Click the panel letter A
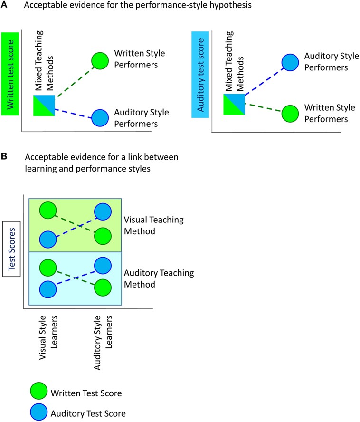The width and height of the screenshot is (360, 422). coord(4,4)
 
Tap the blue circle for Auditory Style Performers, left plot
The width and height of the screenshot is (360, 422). coord(101,117)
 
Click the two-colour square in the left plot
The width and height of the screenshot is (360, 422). coord(44,105)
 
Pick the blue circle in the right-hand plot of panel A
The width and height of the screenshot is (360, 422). coord(291,62)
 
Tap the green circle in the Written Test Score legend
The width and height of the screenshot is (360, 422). coord(39,393)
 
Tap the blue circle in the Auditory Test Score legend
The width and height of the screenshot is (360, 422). coord(39,413)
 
